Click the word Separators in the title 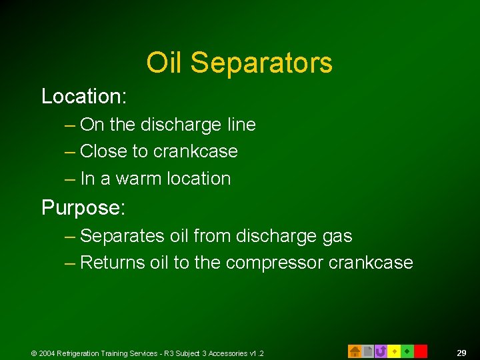click(261, 63)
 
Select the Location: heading click(83, 96)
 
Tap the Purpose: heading click(83, 208)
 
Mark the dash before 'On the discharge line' click(70, 125)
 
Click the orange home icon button click(355, 351)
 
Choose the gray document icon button click(367, 351)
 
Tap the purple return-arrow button click(381, 351)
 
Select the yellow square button click(394, 351)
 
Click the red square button click(420, 351)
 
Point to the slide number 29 click(461, 353)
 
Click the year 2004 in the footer click(47, 353)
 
